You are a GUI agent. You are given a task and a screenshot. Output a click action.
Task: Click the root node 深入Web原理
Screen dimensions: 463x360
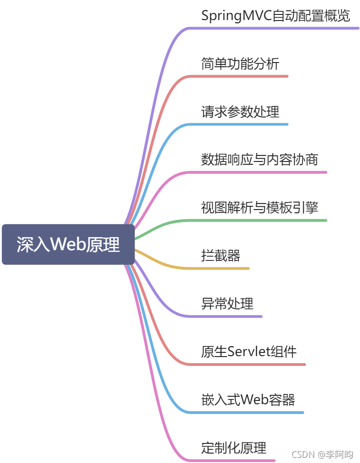click(68, 245)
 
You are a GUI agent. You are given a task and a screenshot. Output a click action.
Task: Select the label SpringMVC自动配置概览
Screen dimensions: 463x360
click(276, 16)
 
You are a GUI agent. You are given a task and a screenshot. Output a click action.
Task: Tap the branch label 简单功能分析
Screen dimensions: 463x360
click(240, 64)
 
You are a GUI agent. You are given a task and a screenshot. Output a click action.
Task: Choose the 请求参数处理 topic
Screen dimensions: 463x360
click(240, 112)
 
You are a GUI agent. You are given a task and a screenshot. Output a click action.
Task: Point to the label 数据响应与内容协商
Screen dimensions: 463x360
click(260, 160)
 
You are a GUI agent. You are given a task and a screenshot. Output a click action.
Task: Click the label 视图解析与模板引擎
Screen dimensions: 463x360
click(260, 208)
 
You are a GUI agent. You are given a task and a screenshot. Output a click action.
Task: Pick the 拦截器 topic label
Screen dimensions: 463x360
click(221, 256)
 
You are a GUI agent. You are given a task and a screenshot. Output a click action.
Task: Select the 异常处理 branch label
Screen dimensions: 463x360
click(227, 304)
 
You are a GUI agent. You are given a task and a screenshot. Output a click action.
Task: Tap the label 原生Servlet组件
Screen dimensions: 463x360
click(249, 351)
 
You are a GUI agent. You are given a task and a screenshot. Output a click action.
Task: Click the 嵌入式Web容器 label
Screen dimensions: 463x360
click(248, 400)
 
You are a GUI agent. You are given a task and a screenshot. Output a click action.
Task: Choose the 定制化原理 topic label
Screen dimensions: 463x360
click(234, 448)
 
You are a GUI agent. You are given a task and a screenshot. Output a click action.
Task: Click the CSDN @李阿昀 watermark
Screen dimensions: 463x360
click(322, 454)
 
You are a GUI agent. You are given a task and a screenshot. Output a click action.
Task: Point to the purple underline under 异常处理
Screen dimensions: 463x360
click(228, 316)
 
